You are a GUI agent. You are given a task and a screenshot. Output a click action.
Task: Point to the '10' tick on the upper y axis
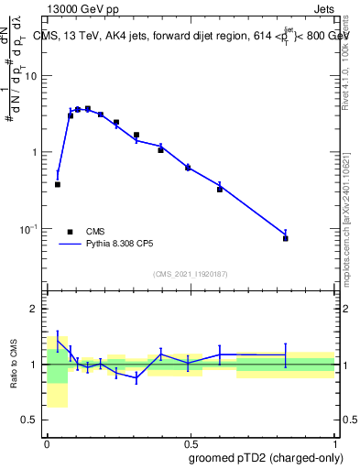tap(34, 76)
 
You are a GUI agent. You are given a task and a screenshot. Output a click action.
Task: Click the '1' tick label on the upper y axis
tap(38, 152)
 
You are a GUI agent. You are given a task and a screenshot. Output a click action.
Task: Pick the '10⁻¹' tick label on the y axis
tap(32, 228)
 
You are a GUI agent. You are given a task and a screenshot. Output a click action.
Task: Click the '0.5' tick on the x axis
tap(190, 442)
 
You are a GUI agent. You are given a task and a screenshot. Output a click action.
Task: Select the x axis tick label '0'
tap(47, 442)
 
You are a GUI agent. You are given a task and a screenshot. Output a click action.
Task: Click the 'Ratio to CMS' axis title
tap(13, 365)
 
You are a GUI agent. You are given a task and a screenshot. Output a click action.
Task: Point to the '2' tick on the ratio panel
tap(38, 309)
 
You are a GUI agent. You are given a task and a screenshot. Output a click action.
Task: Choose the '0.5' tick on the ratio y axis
tap(33, 420)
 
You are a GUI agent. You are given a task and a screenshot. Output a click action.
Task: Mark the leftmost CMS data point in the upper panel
tap(58, 184)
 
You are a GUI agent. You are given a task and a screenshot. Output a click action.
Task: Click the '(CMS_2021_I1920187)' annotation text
tap(191, 274)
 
